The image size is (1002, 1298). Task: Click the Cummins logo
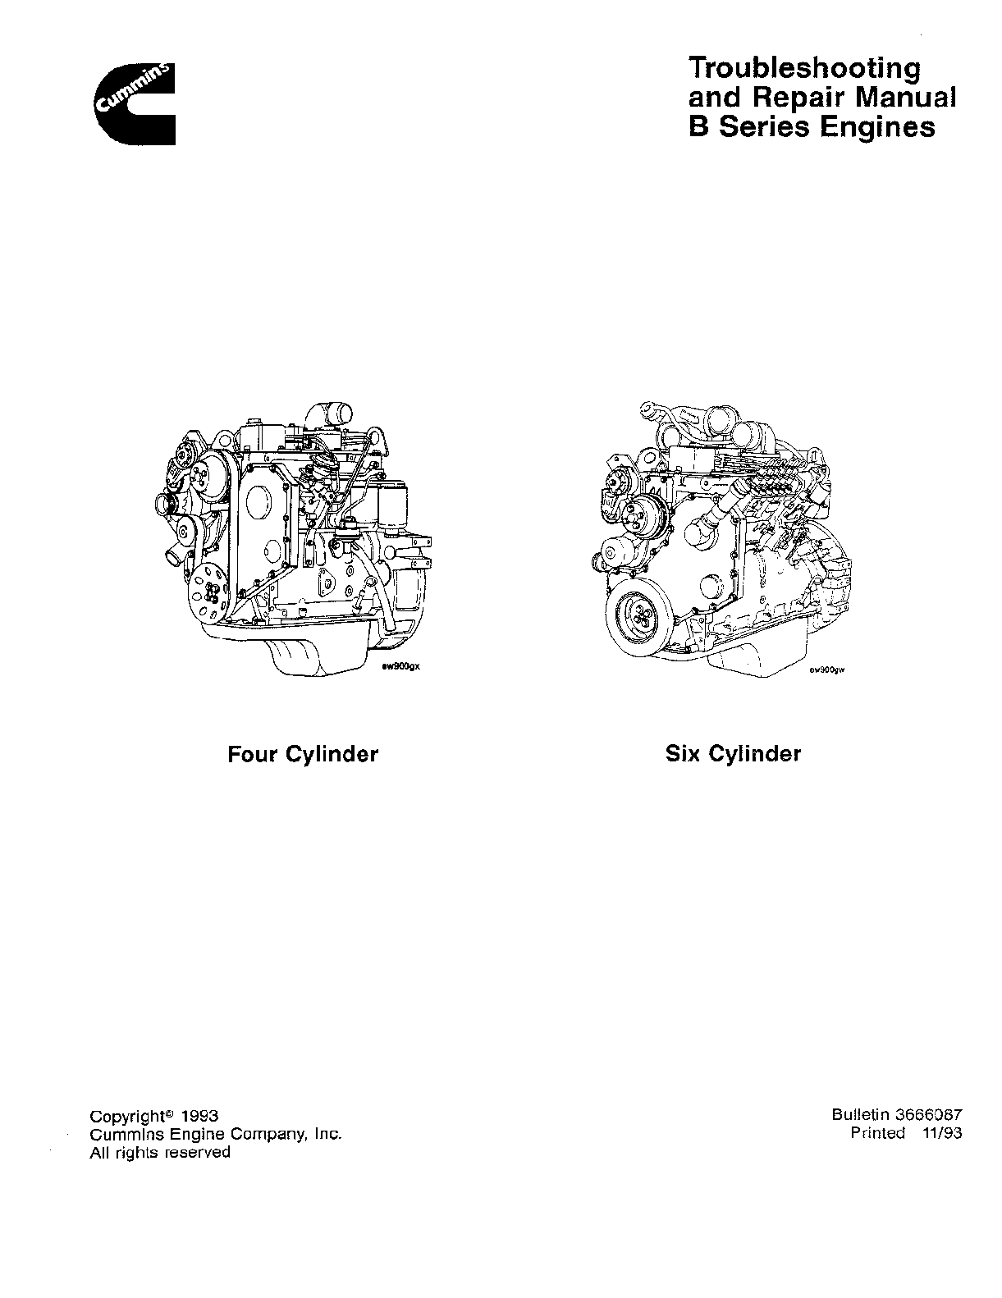pos(135,103)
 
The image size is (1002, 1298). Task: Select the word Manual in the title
pos(905,98)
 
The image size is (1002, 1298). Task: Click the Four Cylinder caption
pos(303,754)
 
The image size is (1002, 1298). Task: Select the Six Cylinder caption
pos(733,754)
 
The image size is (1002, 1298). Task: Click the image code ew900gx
pos(404,668)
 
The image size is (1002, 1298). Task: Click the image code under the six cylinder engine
pos(827,670)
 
